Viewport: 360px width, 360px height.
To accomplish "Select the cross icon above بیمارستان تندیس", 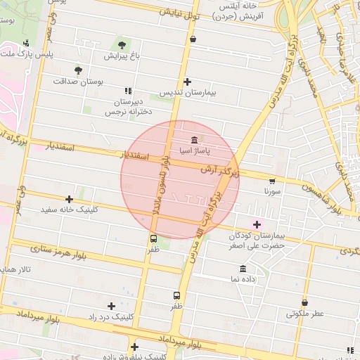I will click(x=187, y=82).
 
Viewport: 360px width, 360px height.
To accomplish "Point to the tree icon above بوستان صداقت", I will click(x=78, y=70).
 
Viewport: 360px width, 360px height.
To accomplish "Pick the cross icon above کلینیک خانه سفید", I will click(x=69, y=199).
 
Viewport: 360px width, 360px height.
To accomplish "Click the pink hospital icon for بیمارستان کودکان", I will click(x=257, y=224).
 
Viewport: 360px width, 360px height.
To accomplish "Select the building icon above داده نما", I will click(x=243, y=269).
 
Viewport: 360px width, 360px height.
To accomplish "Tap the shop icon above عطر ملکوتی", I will click(x=304, y=303).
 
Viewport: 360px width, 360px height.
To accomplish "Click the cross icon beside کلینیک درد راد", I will click(x=111, y=306).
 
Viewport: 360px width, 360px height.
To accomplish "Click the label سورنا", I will click(x=273, y=191).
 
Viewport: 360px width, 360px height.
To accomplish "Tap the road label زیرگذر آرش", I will click(x=219, y=171).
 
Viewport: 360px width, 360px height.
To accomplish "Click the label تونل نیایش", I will click(x=181, y=12).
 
